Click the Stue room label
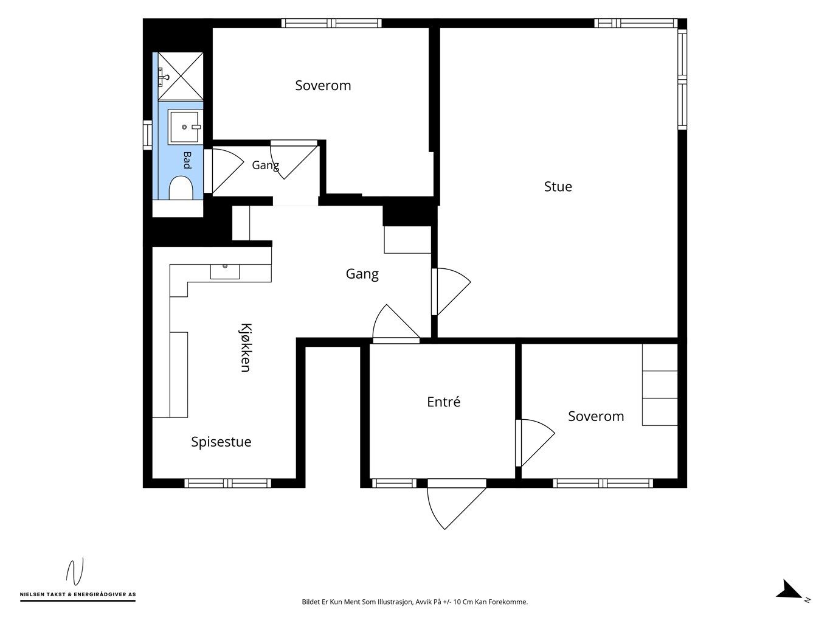(558, 187)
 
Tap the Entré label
(443, 402)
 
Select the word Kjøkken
(246, 347)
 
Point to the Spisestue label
(221, 442)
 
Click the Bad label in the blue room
(187, 160)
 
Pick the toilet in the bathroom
(181, 187)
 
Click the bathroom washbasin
(184, 127)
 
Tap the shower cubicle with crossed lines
(181, 77)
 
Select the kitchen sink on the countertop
(225, 271)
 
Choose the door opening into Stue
(451, 291)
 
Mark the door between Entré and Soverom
(535, 442)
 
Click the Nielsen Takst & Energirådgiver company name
(78, 594)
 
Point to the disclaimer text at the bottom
(415, 602)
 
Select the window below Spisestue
(228, 483)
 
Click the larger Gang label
(362, 274)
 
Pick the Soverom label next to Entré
(596, 416)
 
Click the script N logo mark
(75, 571)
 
